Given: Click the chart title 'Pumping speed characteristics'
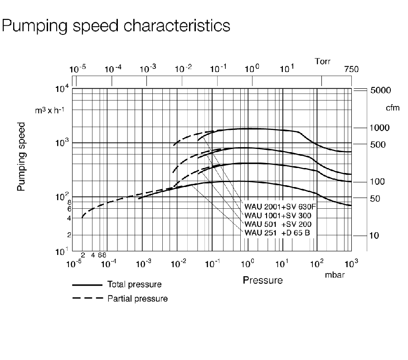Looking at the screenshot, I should coord(116,25).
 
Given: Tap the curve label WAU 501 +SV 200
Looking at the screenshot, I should coord(277,225).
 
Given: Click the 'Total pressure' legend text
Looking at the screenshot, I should coord(134,285).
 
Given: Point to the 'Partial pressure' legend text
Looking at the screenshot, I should coord(137,298).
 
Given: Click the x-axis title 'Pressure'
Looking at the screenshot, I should coord(262,280).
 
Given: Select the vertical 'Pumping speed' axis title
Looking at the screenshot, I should coord(21,156).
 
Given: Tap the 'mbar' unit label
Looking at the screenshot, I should coord(335,275).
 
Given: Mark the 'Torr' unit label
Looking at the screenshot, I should coord(323,61).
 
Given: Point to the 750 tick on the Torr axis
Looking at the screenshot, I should coord(351,69).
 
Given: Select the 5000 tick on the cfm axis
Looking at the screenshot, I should coord(380,90).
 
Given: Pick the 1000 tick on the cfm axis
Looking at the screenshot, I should coord(380,128).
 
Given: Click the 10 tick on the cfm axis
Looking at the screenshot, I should coord(374,235).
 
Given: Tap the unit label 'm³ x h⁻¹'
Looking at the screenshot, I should coord(51,110).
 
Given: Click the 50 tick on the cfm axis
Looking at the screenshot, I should coord(374,198).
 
